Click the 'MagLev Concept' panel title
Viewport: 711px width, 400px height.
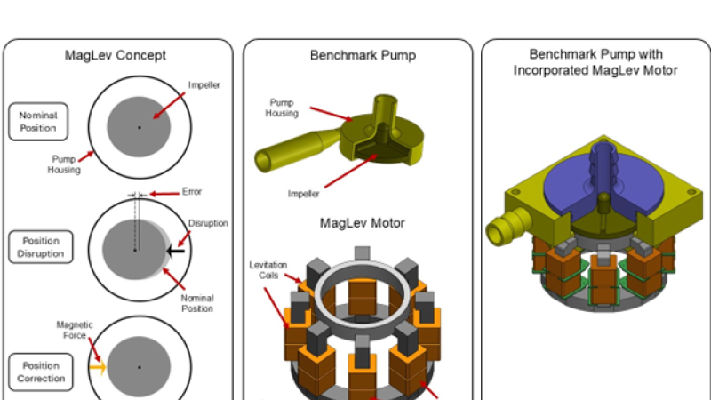pos(116,55)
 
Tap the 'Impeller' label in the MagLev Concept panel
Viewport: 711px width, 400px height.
pos(204,86)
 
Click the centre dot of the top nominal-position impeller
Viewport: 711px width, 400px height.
pos(139,127)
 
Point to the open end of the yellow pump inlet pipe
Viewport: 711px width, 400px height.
pos(264,160)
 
